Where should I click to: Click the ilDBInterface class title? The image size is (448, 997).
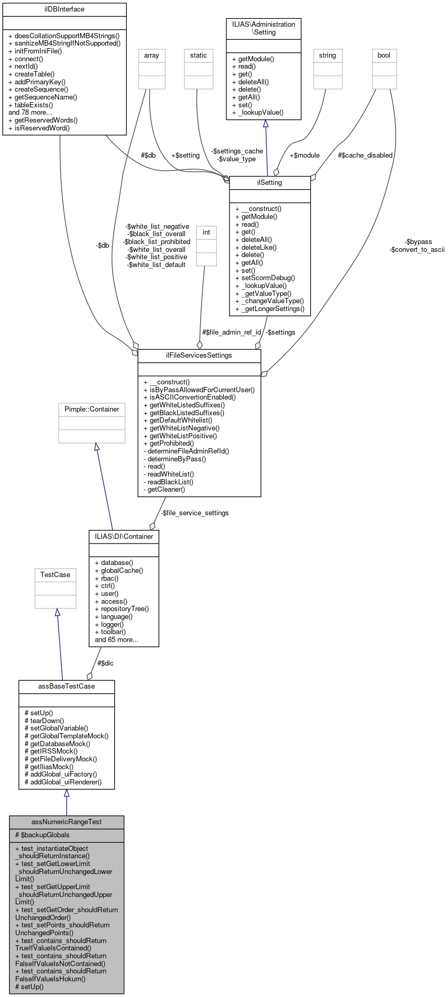pos(64,9)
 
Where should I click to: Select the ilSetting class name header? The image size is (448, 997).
pos(270,182)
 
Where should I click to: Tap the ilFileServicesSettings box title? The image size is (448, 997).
pos(199,355)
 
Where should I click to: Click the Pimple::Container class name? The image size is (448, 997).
pos(92,409)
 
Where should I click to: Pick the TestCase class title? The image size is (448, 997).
pos(56,574)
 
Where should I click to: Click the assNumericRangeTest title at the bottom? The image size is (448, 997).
pos(67,822)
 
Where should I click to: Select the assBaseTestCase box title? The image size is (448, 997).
pos(67,686)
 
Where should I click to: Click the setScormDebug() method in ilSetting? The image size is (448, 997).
pos(265,278)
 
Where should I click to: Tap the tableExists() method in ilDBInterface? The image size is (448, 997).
pos(31,105)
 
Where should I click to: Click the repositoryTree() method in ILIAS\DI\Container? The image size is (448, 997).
pos(122,608)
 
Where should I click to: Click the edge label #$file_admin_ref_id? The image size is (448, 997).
pos(232,332)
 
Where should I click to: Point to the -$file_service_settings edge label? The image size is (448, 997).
pos(194,513)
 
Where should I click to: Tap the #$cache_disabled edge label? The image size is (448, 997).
pos(365,155)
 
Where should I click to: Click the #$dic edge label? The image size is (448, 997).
pos(105,663)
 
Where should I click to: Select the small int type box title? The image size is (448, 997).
pos(206,232)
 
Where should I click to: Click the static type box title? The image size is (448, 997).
pos(199,55)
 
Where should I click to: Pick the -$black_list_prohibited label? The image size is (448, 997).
pos(157,241)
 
